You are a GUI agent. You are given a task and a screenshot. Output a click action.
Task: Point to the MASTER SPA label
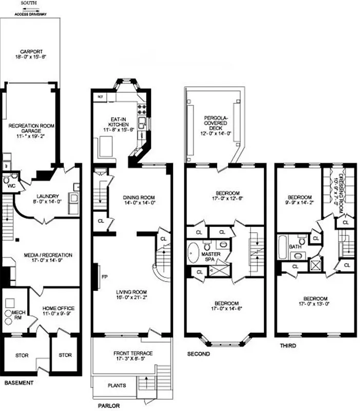[x=211, y=256]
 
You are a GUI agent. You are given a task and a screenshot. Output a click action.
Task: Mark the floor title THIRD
[x=288, y=346]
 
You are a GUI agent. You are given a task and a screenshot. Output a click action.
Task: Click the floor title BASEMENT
[x=19, y=383]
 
